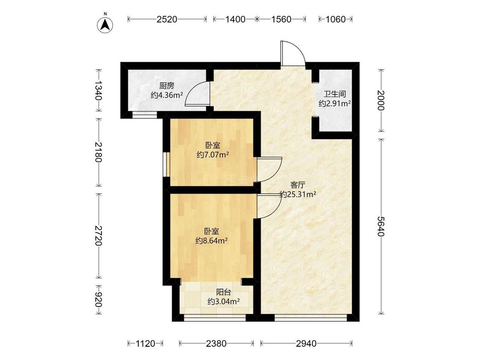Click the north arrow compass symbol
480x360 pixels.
(x=105, y=24)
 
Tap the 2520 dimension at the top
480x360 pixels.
(x=167, y=19)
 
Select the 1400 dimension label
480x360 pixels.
(x=235, y=19)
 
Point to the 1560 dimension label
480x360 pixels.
(x=281, y=19)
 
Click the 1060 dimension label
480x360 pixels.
(x=335, y=19)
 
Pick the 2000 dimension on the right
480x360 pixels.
(x=381, y=100)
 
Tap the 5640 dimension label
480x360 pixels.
(x=381, y=226)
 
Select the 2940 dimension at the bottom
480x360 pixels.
(x=306, y=343)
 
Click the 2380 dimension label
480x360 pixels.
(x=216, y=343)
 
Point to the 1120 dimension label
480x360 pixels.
(x=145, y=343)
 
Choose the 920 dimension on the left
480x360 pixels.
(x=98, y=299)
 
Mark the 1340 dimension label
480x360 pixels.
(x=98, y=90)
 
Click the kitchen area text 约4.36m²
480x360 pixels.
(x=166, y=95)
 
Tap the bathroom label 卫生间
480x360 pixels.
(x=335, y=94)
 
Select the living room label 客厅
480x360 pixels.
(x=298, y=185)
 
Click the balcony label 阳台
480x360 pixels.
(x=224, y=292)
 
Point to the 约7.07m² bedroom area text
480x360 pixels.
(x=213, y=154)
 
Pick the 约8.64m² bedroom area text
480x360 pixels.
(x=212, y=241)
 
